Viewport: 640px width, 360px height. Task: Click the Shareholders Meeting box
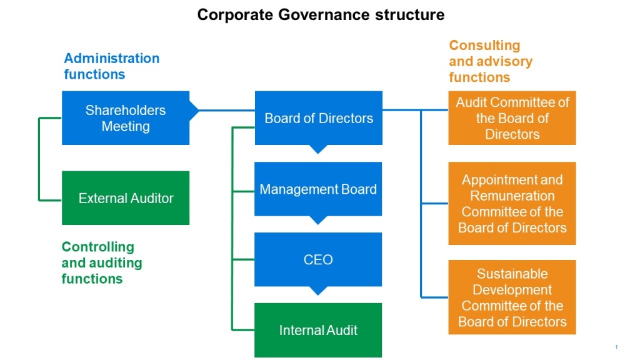pos(125,118)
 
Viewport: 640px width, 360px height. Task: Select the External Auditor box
pos(125,198)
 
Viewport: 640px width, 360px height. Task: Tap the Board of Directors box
pos(318,118)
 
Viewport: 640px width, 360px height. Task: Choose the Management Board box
pos(318,189)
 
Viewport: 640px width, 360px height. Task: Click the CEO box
pos(318,259)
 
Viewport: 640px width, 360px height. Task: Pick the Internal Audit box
pos(318,330)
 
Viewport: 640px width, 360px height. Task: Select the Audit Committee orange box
pos(512,118)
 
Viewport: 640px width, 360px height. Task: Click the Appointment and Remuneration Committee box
pos(512,204)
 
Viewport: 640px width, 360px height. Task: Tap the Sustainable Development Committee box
pos(512,297)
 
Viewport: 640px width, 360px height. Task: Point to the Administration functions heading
pos(111,66)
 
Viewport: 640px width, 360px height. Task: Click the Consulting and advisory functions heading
pos(490,61)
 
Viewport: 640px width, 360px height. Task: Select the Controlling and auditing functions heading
pos(101,262)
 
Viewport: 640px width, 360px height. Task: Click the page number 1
pos(616,347)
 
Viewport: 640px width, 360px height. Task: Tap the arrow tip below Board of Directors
pos(318,150)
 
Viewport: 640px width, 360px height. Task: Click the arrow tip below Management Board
pos(318,221)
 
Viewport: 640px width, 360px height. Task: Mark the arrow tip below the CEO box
pos(318,291)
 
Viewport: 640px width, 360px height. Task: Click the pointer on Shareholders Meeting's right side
pos(195,111)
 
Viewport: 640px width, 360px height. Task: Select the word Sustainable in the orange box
pos(512,274)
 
